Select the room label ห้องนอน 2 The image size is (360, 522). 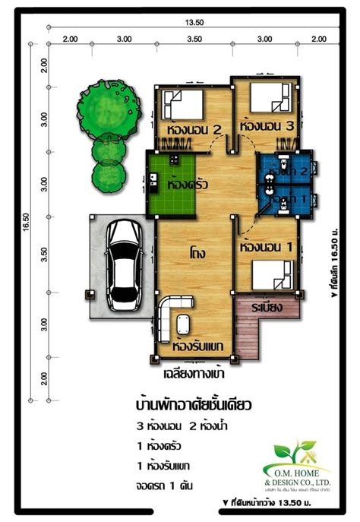pos(193,130)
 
